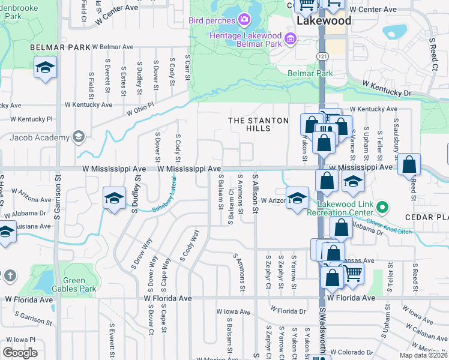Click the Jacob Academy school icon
tap(78, 137)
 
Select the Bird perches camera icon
tap(244, 21)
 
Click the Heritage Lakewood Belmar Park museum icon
tap(291, 40)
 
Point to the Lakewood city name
tap(324, 21)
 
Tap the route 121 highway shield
tap(322, 55)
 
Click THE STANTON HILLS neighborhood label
tap(259, 124)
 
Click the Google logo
tap(20, 353)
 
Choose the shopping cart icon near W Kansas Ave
tap(353, 274)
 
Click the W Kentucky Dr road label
tap(387, 90)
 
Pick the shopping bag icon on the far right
tap(409, 164)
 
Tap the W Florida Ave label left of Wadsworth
tap(167, 298)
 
